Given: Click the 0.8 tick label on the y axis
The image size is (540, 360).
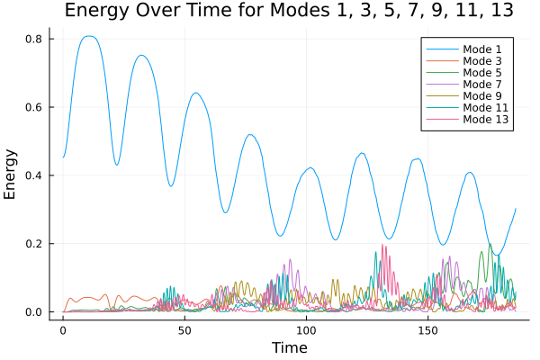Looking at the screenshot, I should [x=38, y=39].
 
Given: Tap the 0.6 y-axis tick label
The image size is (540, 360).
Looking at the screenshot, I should [x=38, y=107].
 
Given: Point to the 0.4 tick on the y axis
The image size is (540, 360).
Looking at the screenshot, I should [x=38, y=175].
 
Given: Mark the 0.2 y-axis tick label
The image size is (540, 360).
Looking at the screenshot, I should [x=38, y=244].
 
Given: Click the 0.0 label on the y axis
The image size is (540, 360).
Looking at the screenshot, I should [x=38, y=312].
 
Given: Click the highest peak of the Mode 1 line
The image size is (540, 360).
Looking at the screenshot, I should [x=87, y=37].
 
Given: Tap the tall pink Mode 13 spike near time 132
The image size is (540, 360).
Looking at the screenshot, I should [x=383, y=246].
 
